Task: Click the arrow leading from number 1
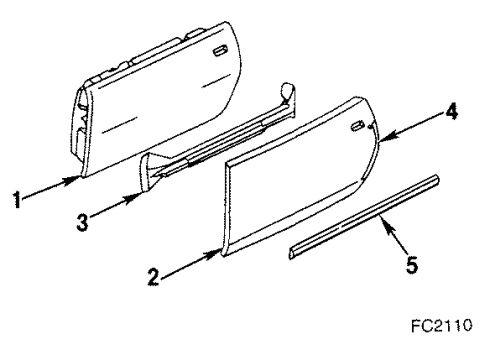(51, 188)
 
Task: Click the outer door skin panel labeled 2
(300, 190)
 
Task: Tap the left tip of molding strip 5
(291, 251)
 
